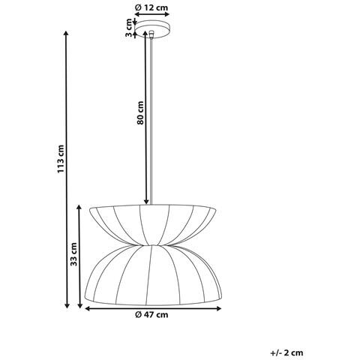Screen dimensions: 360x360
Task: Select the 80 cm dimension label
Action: (x=140, y=113)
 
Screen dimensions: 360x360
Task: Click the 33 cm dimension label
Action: (x=73, y=256)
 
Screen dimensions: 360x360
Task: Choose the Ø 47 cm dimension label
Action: (x=151, y=315)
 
